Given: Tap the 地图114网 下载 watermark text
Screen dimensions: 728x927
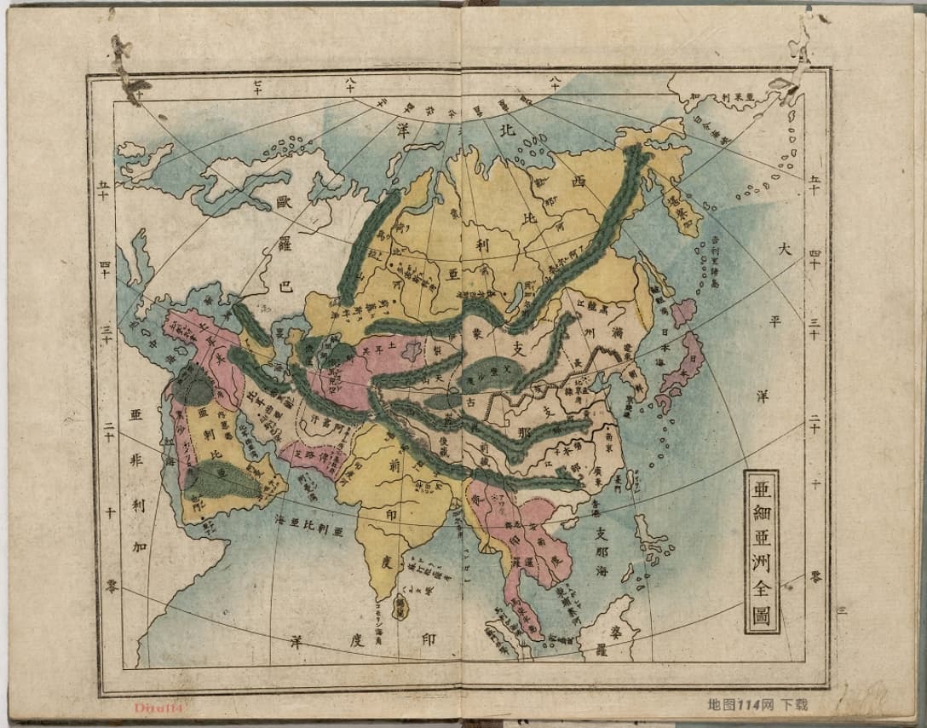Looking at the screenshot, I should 757,705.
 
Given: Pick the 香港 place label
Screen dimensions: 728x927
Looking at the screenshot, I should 596,504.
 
